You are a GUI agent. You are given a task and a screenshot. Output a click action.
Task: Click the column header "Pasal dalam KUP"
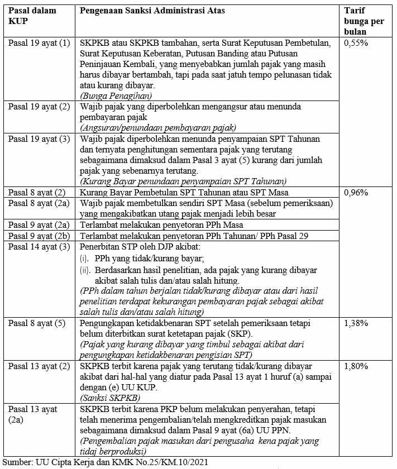pyautogui.click(x=28, y=16)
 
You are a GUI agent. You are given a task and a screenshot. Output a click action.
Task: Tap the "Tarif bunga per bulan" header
pyautogui.click(x=363, y=21)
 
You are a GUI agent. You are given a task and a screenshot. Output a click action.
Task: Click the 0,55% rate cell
pyautogui.click(x=356, y=43)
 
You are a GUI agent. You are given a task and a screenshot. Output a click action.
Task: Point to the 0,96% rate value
pyautogui.click(x=356, y=193)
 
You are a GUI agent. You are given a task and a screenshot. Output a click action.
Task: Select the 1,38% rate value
pyautogui.click(x=356, y=323)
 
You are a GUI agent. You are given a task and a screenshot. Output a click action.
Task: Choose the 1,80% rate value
pyautogui.click(x=356, y=366)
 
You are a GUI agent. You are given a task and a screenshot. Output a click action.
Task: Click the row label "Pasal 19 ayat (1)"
pyautogui.click(x=39, y=43)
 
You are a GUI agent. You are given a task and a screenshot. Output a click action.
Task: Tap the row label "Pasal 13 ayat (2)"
pyautogui.click(x=39, y=366)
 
